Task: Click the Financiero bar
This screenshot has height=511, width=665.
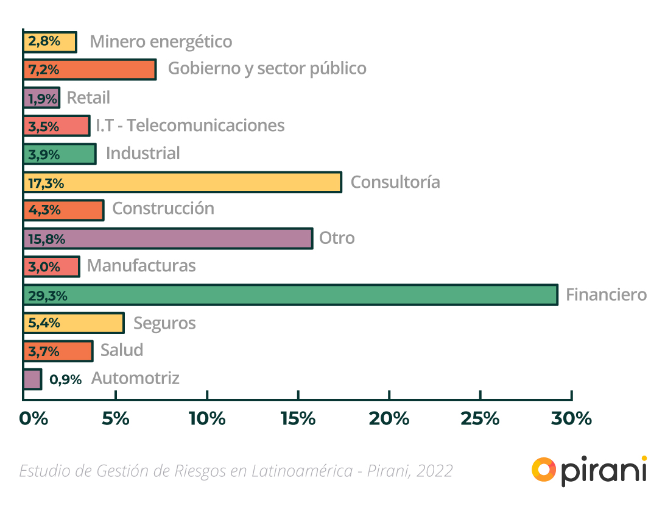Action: click(290, 295)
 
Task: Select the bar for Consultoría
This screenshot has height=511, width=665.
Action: click(183, 182)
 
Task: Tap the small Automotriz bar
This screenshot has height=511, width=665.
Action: click(32, 379)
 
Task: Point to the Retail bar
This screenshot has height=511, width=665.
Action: click(41, 98)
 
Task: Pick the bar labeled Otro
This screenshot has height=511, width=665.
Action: click(168, 238)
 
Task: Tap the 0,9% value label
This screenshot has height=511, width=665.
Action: click(65, 379)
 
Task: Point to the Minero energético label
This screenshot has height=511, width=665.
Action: click(161, 41)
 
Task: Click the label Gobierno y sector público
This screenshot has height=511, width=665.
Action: click(267, 68)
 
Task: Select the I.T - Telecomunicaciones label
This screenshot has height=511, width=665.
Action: click(190, 125)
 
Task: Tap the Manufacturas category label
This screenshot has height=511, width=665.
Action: click(141, 266)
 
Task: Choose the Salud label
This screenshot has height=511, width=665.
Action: click(122, 350)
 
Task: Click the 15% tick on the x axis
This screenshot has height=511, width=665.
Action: click(298, 418)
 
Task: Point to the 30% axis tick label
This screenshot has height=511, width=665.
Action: click(571, 418)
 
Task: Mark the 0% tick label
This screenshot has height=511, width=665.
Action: click(33, 418)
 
